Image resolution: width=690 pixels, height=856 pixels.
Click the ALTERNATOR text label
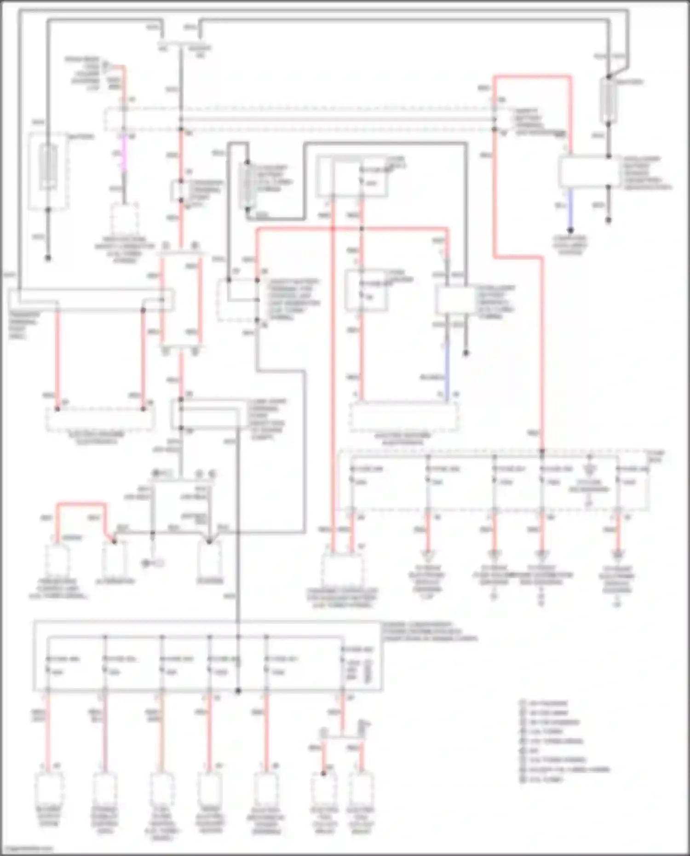coord(115,581)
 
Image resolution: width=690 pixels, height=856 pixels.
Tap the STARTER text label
coord(210,581)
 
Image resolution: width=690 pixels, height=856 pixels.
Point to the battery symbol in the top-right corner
coord(609,100)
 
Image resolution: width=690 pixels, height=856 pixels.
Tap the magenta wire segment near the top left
coord(123,154)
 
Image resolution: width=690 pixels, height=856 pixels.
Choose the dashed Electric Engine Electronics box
coord(100,419)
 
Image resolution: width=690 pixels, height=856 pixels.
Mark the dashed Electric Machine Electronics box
coord(404,417)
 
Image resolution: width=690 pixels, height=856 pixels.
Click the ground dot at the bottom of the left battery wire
coord(48,258)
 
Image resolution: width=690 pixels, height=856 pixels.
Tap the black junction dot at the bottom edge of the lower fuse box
coord(238,691)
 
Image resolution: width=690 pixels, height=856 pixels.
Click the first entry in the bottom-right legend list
coord(543,703)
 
